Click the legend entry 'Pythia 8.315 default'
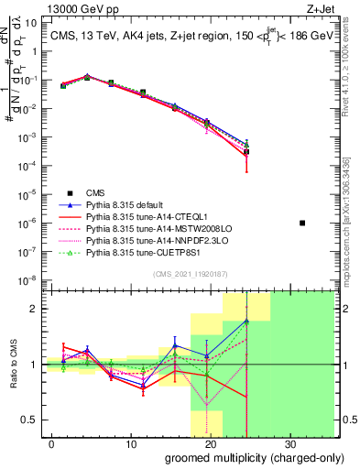click(131, 204)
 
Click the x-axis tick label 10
click(131, 443)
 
